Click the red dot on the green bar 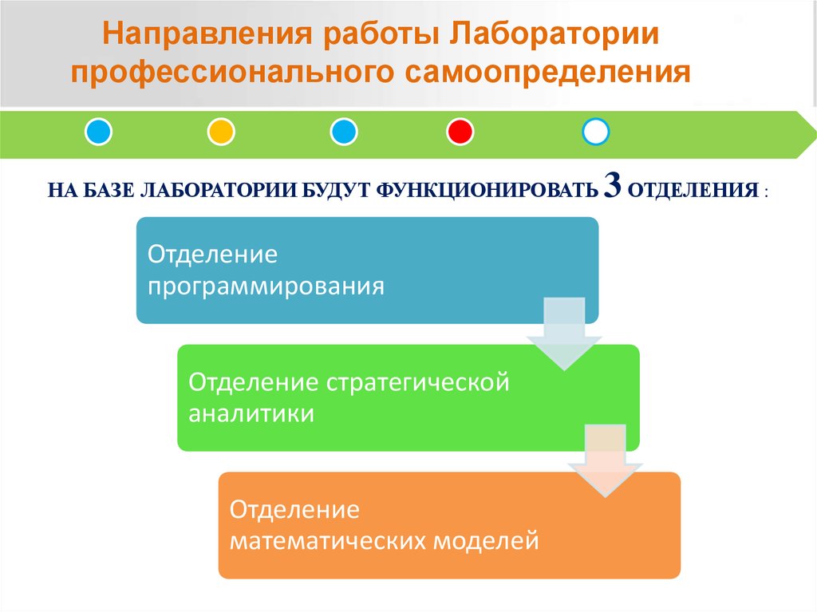(460, 131)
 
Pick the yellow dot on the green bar (220, 131)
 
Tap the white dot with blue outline (596, 131)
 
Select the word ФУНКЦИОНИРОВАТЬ (485, 191)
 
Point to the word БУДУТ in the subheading (335, 191)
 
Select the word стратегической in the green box (416, 382)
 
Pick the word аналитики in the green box (251, 414)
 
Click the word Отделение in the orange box (294, 509)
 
